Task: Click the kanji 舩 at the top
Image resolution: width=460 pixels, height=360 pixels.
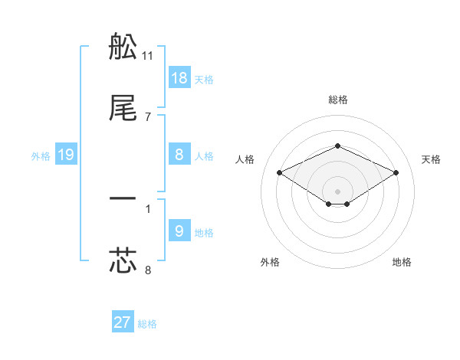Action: pos(123,48)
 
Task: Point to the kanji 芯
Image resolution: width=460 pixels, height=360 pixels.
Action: pos(123,260)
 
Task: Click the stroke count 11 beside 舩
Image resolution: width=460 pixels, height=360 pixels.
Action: pos(148,56)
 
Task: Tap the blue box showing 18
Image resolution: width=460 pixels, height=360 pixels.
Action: pos(179,78)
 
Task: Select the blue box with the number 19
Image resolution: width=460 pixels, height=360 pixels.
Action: pos(66,155)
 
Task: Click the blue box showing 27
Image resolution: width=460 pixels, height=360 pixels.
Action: pos(123,322)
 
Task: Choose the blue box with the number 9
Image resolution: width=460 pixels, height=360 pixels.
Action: pos(179,231)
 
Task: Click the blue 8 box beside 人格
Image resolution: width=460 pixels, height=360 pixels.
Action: pos(179,155)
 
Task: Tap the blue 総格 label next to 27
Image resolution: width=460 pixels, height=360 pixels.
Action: pos(147,324)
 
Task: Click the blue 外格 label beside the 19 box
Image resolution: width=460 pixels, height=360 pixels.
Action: pos(41,156)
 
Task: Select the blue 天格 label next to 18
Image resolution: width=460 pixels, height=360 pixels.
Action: pos(204,79)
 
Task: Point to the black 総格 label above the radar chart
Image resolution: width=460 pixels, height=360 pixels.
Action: pos(338,100)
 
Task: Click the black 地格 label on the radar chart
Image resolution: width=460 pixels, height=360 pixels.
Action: pos(402,262)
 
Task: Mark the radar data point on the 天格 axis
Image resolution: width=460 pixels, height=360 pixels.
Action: pos(396,172)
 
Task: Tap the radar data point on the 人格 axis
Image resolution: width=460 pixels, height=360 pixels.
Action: pos(280,172)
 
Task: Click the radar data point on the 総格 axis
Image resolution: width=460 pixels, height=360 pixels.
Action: pos(338,146)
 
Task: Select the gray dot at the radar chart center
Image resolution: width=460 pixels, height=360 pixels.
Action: pos(338,191)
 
